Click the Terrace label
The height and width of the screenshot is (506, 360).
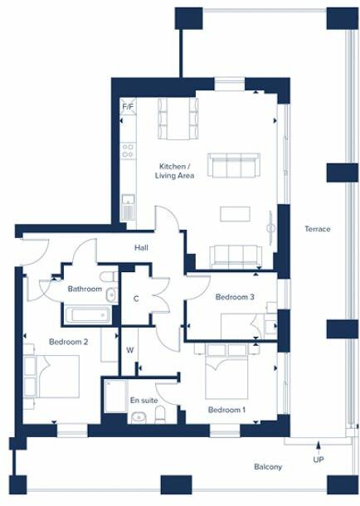[317, 229]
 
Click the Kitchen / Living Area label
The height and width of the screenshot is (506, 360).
[176, 171]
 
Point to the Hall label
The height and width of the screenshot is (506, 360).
[142, 247]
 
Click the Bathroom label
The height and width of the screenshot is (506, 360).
[85, 289]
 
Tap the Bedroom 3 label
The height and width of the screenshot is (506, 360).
[235, 297]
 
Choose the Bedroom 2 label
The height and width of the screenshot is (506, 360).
[68, 342]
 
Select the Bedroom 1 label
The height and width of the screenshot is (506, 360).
[226, 410]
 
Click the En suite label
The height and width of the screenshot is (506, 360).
[144, 401]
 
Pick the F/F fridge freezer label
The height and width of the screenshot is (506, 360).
[128, 108]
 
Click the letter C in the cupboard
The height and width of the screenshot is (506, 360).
[135, 299]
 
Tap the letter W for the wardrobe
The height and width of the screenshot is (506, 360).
[130, 350]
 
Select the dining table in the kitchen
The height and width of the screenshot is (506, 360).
[178, 118]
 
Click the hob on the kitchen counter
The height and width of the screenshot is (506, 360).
[129, 151]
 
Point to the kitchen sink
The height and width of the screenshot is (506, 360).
[128, 203]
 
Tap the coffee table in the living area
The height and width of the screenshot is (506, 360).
[233, 213]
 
